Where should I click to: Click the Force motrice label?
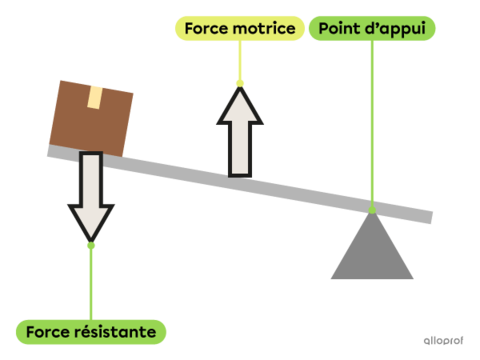239,28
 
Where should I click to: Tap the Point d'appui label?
371,28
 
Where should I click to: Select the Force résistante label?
91,330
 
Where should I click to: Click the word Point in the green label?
337,28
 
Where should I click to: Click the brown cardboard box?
91,117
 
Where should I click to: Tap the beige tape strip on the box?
96,97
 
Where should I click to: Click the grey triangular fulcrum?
372,250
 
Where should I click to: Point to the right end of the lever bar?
431,217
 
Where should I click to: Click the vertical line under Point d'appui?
372,120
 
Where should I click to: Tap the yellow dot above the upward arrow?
239,83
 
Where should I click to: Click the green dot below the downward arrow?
91,245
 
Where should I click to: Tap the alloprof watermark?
444,340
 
